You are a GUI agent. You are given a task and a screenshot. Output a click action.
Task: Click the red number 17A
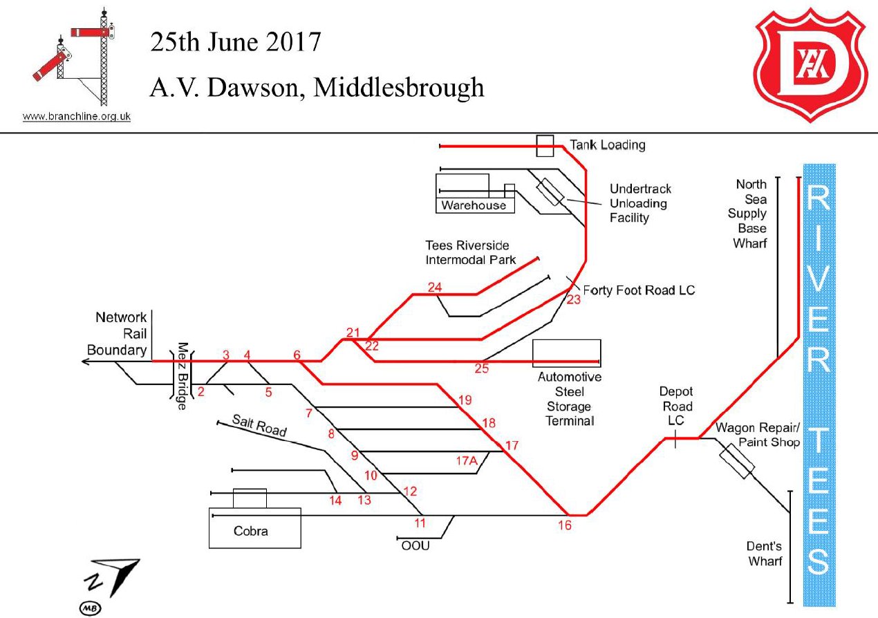tap(467, 460)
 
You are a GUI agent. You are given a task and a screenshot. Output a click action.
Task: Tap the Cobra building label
tap(250, 532)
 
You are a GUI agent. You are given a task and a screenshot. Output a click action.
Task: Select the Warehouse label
tap(474, 205)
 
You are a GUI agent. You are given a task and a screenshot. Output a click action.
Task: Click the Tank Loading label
tap(607, 145)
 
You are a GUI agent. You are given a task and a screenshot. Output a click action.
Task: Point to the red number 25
tap(482, 368)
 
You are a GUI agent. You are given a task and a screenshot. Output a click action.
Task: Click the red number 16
tap(565, 525)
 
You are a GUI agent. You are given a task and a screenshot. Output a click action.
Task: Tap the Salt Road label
tap(259, 424)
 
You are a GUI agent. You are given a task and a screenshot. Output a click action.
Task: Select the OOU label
tap(415, 546)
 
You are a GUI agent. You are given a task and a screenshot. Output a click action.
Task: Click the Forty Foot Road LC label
tap(639, 290)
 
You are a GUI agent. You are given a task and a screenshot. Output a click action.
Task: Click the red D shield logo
tap(811, 62)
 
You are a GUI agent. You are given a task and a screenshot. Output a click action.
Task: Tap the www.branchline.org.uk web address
tap(77, 117)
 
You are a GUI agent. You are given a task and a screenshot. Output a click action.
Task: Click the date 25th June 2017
tap(236, 43)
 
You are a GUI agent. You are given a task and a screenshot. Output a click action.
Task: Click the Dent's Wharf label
tap(765, 553)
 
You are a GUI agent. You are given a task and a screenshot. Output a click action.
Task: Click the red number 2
tap(201, 392)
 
